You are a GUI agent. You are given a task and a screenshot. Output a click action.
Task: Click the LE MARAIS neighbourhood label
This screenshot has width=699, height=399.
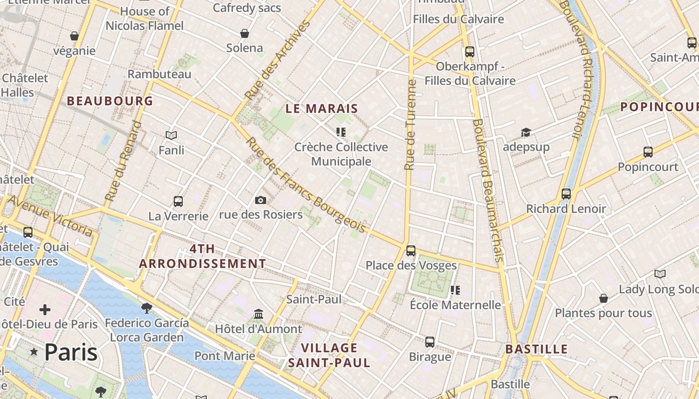tap(322, 108)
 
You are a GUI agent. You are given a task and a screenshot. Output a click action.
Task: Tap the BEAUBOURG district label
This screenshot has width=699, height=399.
tap(110, 101)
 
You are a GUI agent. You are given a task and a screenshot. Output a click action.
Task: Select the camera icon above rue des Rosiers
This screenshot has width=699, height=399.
tap(260, 200)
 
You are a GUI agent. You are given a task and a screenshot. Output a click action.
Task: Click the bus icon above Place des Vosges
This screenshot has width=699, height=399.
tap(411, 251)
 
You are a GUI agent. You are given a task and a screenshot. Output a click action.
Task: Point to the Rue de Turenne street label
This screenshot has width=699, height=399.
tap(410, 125)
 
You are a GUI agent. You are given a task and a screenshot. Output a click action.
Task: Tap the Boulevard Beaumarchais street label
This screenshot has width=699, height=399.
tap(487, 190)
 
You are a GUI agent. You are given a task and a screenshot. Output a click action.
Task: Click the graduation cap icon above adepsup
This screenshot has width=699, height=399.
tap(526, 133)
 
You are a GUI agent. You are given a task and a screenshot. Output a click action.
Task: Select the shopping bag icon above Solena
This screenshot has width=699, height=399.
tap(245, 34)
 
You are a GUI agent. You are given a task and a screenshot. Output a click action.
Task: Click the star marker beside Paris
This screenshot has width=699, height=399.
tap(34, 352)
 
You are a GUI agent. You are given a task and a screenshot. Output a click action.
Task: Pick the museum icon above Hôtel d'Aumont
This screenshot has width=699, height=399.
tap(259, 314)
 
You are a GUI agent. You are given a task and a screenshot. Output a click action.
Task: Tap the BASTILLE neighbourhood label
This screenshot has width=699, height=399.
tap(536, 349)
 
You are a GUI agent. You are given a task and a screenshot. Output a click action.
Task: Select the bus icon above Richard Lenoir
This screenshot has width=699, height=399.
tap(566, 194)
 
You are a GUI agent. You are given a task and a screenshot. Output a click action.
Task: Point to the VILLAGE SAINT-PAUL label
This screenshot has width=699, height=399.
tap(330, 355)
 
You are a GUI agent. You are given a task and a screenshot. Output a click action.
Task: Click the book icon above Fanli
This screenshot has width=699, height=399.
tap(171, 135)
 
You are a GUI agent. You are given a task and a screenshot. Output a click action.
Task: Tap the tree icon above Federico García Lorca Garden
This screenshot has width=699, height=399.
tap(147, 308)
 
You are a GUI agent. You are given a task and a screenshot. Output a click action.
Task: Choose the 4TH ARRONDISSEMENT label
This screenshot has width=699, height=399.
tap(202, 256)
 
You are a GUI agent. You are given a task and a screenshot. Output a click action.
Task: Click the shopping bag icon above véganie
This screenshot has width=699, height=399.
tap(74, 36)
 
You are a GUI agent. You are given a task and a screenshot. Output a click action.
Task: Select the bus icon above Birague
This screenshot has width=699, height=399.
tap(430, 342)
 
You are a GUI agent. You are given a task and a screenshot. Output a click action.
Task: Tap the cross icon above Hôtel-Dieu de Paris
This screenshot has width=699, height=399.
tap(45, 310)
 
